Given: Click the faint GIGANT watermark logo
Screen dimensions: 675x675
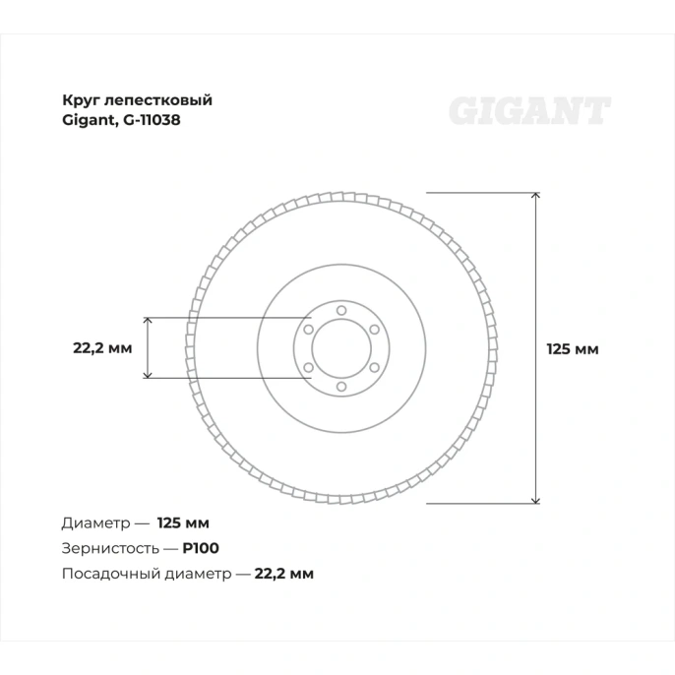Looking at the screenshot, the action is click(529, 111).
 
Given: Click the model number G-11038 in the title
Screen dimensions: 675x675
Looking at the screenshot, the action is click(152, 120).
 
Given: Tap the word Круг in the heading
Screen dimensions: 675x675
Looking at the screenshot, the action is click(82, 100).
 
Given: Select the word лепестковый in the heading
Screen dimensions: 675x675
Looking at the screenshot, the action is click(158, 100).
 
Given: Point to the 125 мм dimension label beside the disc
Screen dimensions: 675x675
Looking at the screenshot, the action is click(573, 348).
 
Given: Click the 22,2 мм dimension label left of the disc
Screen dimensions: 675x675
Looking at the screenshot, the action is click(102, 348).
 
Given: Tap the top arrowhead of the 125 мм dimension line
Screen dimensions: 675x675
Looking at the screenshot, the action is click(535, 196).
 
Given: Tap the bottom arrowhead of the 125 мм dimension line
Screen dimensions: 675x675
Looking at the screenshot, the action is click(535, 500).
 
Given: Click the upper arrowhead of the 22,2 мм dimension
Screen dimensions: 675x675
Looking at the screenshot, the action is click(148, 321).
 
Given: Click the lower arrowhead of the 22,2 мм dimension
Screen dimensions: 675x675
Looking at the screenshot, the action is click(148, 375).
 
